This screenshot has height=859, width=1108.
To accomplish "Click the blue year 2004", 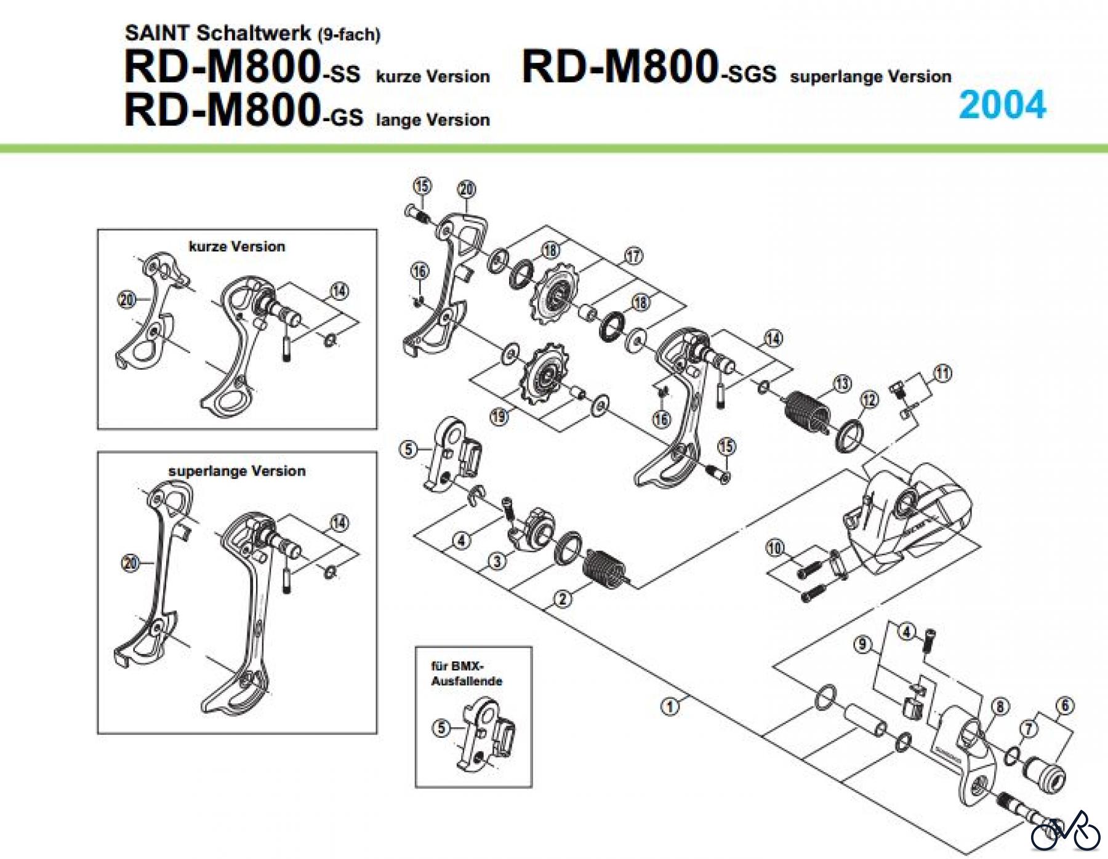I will point(1002,105).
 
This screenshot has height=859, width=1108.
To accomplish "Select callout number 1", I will point(670,706).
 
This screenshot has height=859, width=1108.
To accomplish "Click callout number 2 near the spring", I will point(563,597).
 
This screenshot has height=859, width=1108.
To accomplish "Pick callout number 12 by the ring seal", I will point(869,400).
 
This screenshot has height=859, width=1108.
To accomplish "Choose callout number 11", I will point(942,373).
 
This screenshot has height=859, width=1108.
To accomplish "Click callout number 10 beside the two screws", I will point(775,547).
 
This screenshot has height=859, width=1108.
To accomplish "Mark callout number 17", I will point(633,255).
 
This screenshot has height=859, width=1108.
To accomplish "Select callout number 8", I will point(1000,706).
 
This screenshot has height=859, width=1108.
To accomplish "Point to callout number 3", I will point(497,561).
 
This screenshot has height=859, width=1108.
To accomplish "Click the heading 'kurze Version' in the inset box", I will point(237,247).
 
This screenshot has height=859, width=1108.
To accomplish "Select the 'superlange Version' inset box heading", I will point(237,471).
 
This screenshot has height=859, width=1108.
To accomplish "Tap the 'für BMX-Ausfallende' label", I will point(467,673).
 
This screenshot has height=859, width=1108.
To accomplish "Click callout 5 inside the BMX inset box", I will point(441,729).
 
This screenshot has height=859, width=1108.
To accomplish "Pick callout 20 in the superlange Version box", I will point(130,562).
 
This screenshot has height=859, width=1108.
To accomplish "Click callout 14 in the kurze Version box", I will point(339,290).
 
